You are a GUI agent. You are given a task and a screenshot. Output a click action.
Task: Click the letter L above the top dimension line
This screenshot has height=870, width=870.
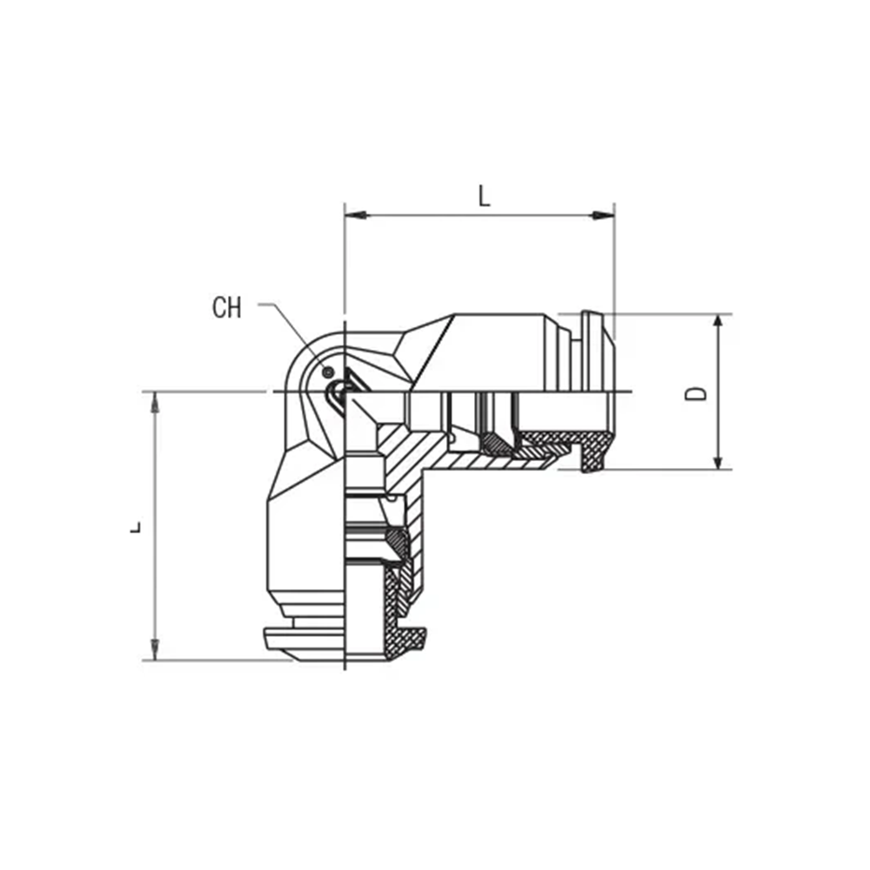click(x=485, y=196)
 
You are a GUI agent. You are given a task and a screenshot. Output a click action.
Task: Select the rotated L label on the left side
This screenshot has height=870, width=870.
click(x=136, y=527)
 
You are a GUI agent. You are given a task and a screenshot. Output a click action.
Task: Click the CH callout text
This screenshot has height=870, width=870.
click(x=227, y=307)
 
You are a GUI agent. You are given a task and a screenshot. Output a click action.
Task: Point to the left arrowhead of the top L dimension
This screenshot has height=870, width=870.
click(x=356, y=215)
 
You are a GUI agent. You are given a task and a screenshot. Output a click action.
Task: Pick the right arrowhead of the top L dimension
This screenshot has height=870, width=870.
click(x=603, y=215)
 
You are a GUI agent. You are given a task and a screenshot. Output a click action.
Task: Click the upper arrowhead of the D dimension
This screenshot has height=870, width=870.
click(x=718, y=325)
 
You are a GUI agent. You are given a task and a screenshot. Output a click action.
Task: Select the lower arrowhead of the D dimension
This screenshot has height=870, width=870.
click(x=718, y=458)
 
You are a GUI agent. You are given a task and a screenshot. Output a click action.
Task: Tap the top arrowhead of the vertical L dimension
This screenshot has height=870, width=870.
click(x=155, y=403)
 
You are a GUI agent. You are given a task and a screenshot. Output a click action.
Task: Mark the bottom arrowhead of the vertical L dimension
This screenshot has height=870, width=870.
click(x=155, y=649)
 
